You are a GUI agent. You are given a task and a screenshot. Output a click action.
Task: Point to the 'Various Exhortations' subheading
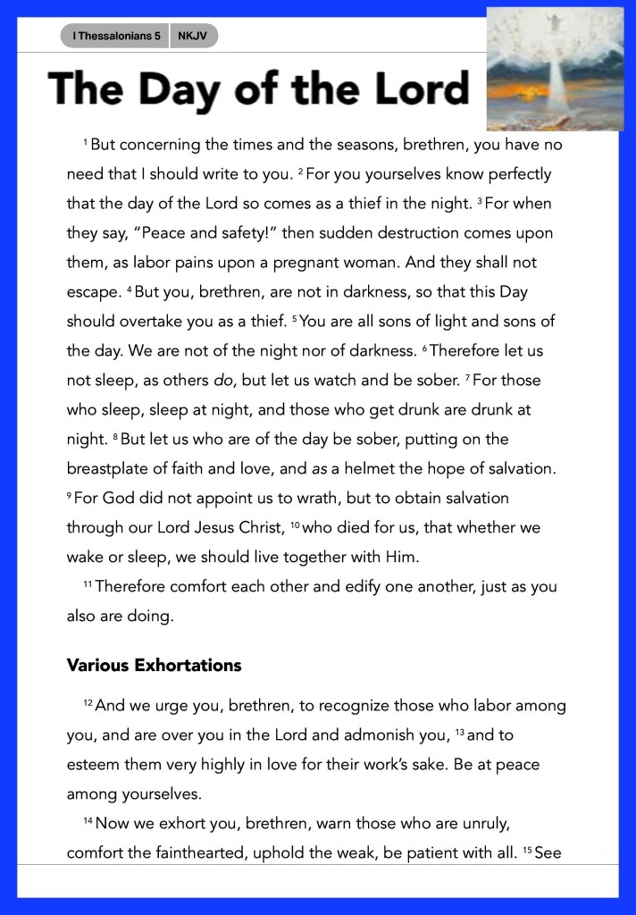pyautogui.click(x=154, y=665)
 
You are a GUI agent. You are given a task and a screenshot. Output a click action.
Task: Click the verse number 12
pyautogui.click(x=88, y=703)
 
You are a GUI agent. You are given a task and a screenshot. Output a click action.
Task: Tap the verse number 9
pyautogui.click(x=70, y=495)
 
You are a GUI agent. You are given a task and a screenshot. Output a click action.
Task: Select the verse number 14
pyautogui.click(x=88, y=821)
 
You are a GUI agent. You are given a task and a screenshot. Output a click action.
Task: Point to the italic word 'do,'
pyautogui.click(x=223, y=380)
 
